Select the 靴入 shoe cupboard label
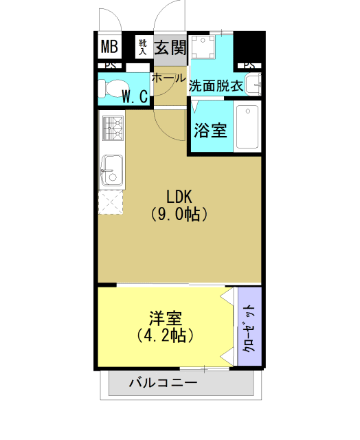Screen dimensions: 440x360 [x=144, y=46]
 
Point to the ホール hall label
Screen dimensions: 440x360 [x=168, y=78]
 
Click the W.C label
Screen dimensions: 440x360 [x=135, y=96]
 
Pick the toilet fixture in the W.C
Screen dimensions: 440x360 [x=108, y=89]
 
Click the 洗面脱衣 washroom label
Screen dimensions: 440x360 [x=216, y=86]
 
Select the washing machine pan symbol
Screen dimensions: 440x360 [x=205, y=48]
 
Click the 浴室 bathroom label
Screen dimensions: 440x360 [x=210, y=129]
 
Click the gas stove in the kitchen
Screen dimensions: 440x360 [x=113, y=129]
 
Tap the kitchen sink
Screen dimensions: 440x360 [x=113, y=168]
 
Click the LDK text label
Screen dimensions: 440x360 [x=179, y=195]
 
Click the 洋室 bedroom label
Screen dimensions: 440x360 [x=166, y=318]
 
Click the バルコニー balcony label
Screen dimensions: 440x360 [x=164, y=383]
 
